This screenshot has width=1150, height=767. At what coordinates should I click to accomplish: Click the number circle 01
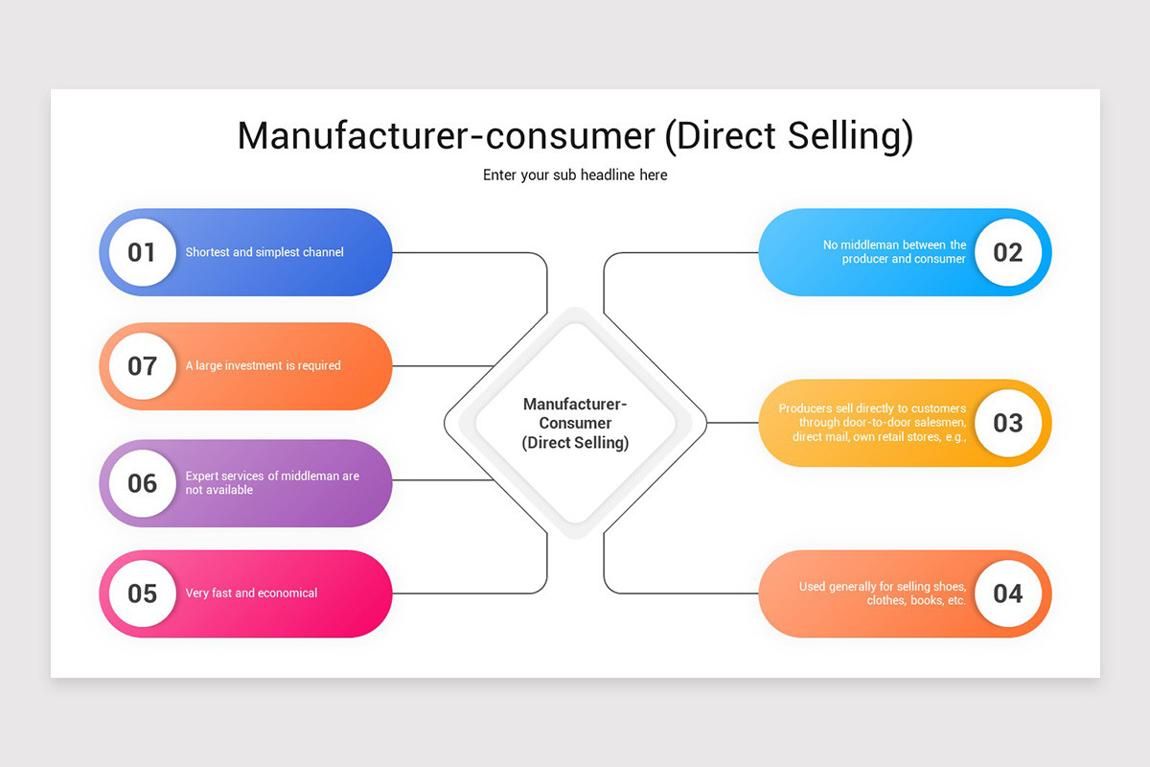pos(142,252)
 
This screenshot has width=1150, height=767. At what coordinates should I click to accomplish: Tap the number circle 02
pos(1008,252)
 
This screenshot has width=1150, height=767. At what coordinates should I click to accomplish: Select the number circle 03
pos(1008,423)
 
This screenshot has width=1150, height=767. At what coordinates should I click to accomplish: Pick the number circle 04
pos(1008,593)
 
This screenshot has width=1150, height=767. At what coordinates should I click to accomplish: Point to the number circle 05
pos(142,593)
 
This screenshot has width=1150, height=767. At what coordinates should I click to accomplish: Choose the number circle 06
pos(142,483)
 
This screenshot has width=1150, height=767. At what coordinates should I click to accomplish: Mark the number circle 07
pos(142,365)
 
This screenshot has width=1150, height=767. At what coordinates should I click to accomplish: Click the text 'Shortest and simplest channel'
pos(264,252)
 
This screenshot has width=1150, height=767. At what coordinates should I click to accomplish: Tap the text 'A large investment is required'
pos(263,365)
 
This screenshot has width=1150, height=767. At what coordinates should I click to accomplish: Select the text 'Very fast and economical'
pos(251,593)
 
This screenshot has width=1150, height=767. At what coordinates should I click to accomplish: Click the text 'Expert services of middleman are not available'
pos(272,483)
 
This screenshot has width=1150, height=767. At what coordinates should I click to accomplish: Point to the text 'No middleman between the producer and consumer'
pos(895,252)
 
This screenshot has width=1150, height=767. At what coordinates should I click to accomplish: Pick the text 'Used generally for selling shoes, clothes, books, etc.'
pos(883,593)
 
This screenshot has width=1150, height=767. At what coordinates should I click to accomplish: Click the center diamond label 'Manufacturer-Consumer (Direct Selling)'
pos(575,423)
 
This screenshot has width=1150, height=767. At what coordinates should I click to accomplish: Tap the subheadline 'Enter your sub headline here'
pos(575,175)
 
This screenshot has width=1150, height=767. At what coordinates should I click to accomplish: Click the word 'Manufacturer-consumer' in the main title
pos(446,136)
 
